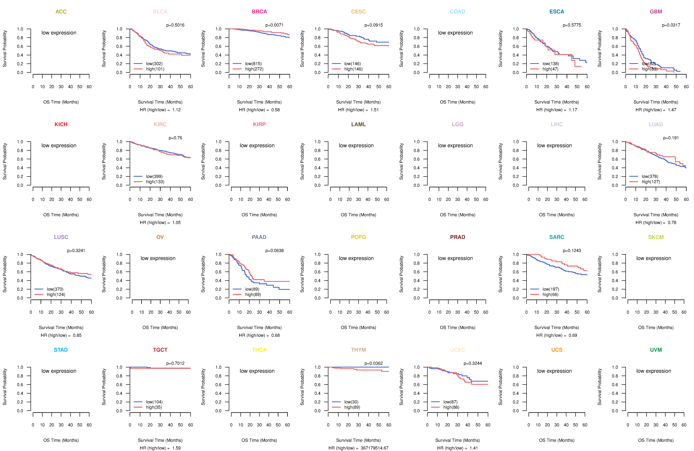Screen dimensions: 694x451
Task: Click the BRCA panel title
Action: (259, 12)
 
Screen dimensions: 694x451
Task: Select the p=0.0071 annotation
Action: (274, 25)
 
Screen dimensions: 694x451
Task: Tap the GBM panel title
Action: (656, 12)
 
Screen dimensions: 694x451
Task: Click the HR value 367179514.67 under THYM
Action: (374, 448)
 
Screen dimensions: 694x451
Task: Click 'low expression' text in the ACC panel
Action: (59, 33)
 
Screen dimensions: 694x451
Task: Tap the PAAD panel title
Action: (259, 237)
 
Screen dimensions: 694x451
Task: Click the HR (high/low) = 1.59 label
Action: (160, 448)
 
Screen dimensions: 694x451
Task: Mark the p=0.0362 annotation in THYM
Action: (373, 363)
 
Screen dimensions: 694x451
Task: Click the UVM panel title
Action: (656, 350)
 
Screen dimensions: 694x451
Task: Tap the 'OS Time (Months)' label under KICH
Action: (61, 215)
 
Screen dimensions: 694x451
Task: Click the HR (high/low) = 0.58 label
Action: (259, 110)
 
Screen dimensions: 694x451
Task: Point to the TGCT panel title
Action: (160, 350)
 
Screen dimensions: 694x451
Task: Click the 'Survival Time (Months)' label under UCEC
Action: (457, 440)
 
